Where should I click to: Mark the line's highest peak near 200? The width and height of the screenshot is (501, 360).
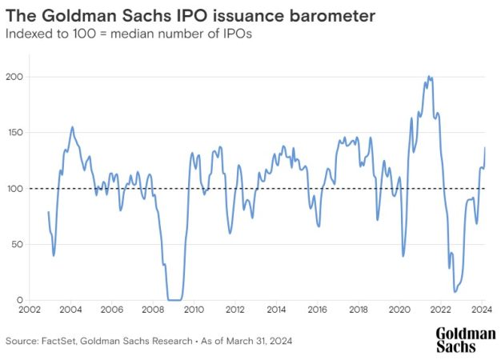[x=429, y=77]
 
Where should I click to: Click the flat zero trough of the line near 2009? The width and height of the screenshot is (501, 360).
[x=174, y=300]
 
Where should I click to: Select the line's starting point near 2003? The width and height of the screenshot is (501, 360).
[x=49, y=212]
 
